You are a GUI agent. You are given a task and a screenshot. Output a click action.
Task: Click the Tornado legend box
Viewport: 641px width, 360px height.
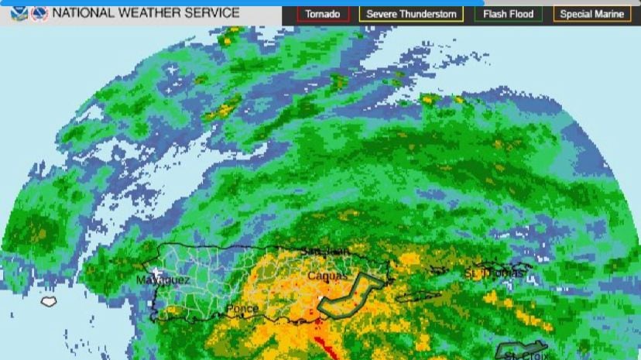(323, 14)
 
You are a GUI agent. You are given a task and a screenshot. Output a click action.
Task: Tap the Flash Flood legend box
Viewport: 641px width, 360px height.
(508, 14)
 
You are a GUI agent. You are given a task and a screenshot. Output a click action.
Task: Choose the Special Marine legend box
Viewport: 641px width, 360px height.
(591, 14)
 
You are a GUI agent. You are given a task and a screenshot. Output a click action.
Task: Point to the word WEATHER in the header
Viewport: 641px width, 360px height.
(158, 13)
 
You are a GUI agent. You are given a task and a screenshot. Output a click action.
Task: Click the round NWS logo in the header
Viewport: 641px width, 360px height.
(39, 13)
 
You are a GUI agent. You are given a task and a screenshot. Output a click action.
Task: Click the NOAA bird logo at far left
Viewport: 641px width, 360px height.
(19, 13)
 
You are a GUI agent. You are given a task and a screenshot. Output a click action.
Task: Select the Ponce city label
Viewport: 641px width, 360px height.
(242, 308)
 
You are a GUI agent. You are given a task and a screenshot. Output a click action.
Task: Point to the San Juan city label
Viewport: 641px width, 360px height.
(320, 252)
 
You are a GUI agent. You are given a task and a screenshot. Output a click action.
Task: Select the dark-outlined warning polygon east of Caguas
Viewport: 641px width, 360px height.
(353, 295)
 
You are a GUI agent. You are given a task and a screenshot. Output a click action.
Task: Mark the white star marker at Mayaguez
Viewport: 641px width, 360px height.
(156, 272)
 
